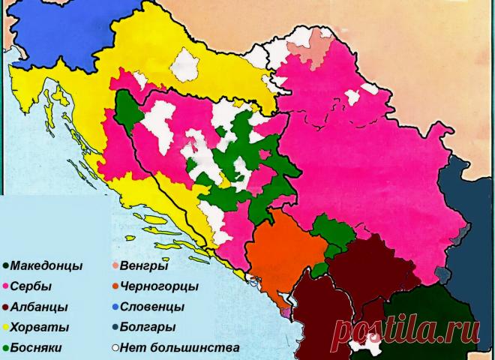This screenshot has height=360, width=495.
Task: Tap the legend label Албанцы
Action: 39,307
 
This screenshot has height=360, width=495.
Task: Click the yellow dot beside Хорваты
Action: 6,328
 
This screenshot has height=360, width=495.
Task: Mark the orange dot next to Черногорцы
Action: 114,286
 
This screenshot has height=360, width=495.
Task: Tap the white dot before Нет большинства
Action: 114,348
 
